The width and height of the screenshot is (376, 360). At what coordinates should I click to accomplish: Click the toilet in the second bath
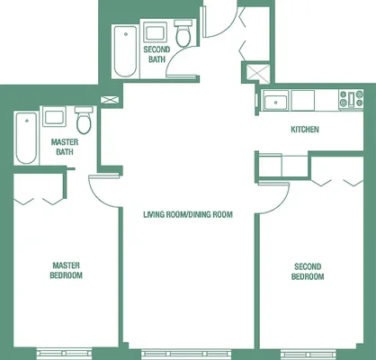[183, 33]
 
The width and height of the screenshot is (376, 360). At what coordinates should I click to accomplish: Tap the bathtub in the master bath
[27, 138]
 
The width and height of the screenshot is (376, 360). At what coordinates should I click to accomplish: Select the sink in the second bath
[155, 31]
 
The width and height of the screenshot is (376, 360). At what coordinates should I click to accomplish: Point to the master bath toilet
[84, 120]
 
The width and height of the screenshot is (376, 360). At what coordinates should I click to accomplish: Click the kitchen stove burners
[351, 99]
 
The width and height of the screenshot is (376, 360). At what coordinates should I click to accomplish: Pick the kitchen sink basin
[276, 101]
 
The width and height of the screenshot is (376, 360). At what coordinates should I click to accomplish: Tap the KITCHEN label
[305, 130]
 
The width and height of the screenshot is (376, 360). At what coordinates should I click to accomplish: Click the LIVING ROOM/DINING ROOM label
[188, 214]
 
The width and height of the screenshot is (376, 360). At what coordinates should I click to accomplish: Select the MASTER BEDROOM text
[66, 270]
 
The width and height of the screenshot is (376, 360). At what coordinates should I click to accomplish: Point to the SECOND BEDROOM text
[308, 272]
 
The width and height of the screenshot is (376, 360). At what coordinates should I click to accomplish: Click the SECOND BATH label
[157, 54]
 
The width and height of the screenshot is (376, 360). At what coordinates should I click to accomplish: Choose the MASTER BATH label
[65, 147]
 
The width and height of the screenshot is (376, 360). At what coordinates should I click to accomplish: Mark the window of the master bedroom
[65, 353]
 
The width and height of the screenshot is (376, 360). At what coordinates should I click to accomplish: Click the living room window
[186, 354]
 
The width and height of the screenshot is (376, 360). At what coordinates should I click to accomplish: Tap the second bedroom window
[309, 354]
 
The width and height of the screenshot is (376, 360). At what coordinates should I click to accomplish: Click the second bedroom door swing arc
[280, 203]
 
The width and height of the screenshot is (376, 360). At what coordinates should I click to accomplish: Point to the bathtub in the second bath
[126, 51]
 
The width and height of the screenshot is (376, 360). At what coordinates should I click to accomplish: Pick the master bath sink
[54, 116]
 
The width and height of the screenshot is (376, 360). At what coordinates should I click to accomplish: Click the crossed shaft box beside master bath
[110, 100]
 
